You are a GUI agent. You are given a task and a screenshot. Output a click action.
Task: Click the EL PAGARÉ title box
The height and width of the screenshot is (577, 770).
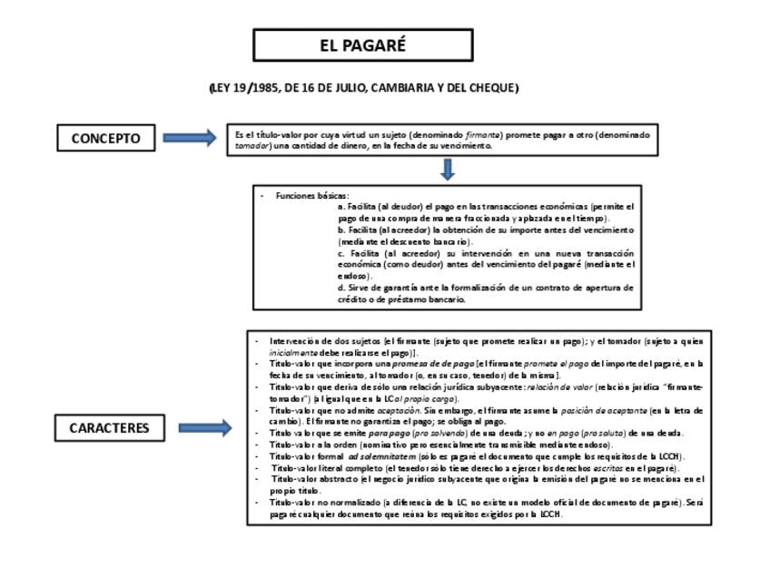[x=362, y=45]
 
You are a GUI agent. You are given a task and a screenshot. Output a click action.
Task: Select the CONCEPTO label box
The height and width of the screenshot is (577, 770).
[x=106, y=138]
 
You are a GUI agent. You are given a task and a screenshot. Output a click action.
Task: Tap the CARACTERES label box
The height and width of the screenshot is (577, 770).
[x=109, y=427]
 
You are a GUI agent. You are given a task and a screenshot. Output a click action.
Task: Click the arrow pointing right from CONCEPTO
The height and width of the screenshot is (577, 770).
[x=190, y=138]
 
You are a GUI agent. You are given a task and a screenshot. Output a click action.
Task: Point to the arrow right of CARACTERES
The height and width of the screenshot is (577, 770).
[x=205, y=427]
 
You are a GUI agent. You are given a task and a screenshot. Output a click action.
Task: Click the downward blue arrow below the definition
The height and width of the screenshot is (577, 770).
[x=448, y=170]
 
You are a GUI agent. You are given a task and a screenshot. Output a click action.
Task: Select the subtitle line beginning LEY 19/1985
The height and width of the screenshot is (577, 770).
[x=363, y=88]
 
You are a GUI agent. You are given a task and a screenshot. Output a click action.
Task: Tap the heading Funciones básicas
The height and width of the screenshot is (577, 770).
[x=312, y=196]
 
